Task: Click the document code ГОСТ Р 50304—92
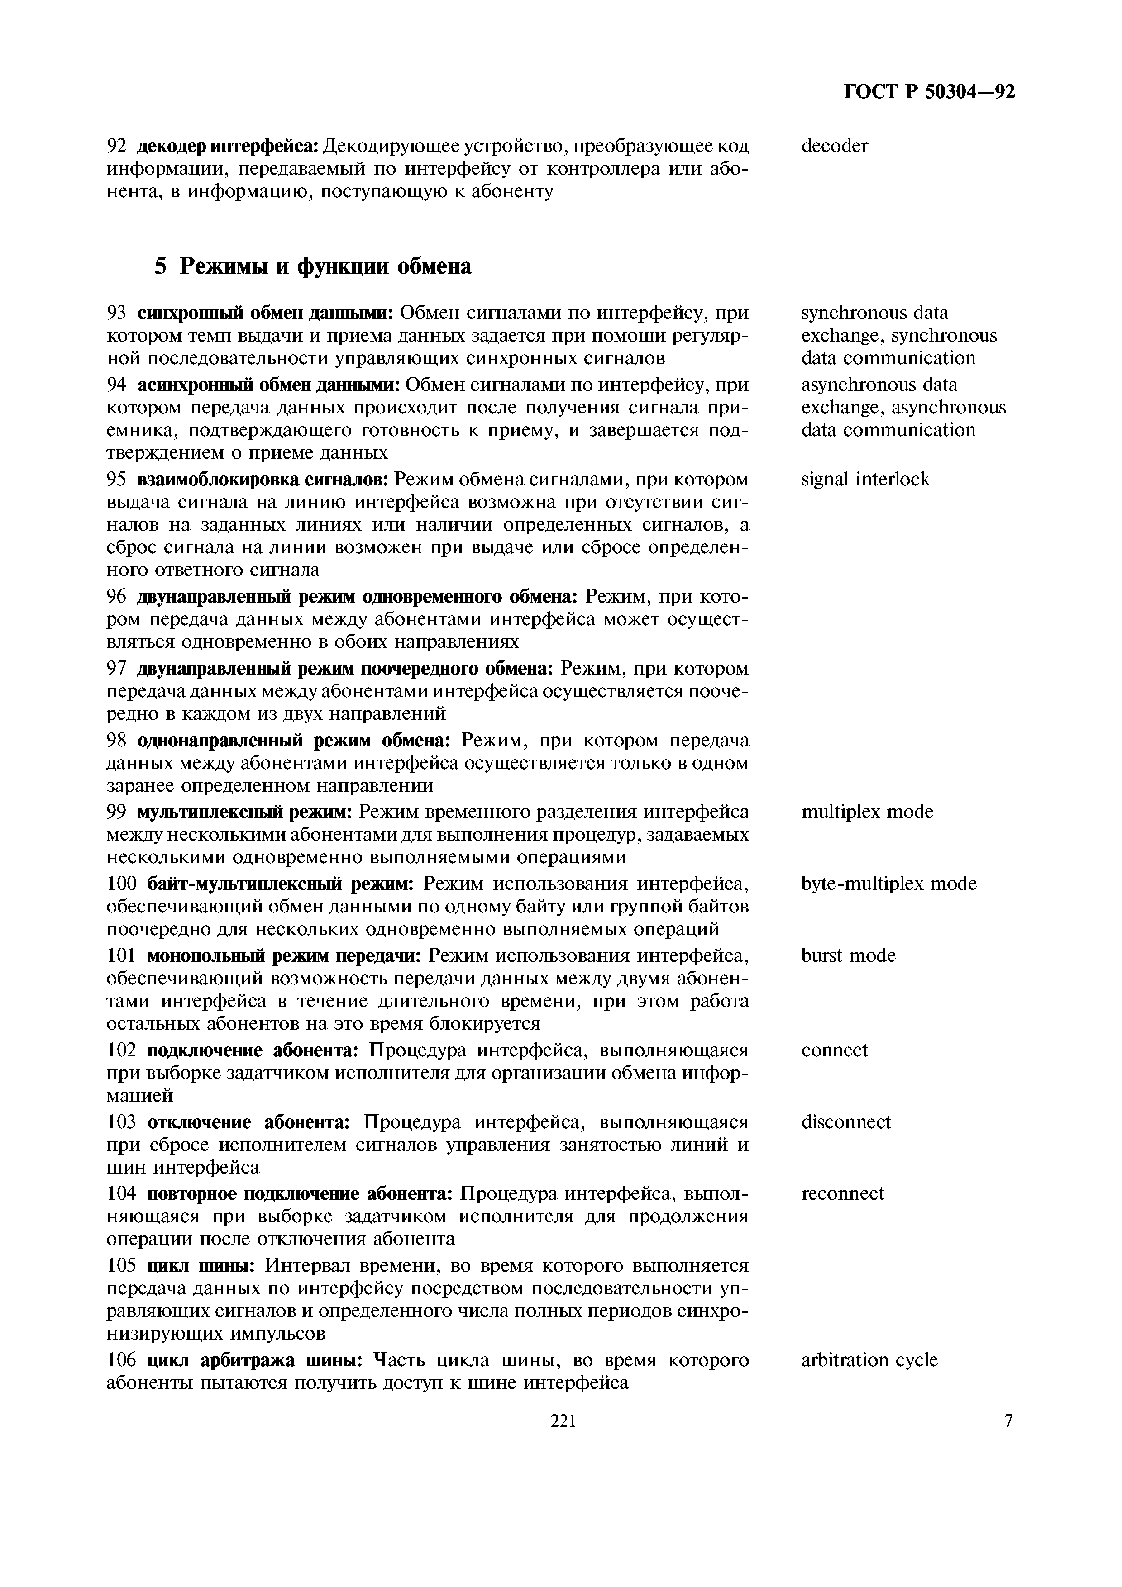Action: tap(930, 92)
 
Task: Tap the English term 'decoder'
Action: tap(835, 146)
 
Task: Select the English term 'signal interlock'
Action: tap(865, 479)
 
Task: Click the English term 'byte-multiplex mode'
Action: tap(889, 884)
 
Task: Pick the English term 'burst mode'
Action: tap(848, 955)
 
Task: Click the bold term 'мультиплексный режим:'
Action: tap(245, 812)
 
